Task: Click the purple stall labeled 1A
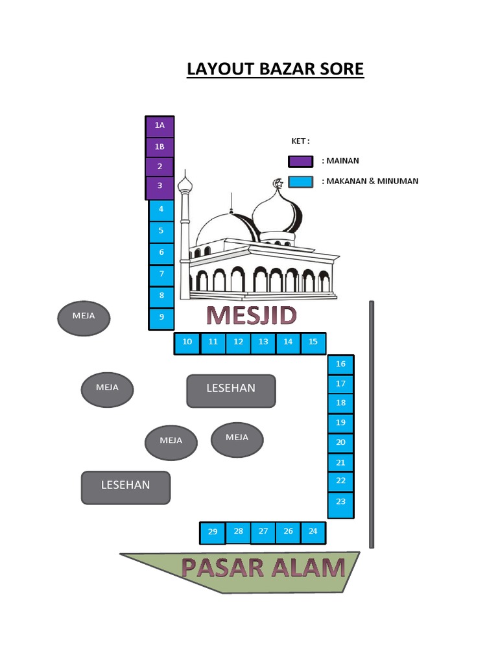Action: coord(160,126)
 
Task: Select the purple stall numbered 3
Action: coord(160,187)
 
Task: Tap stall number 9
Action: coord(161,318)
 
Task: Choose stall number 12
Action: coord(238,342)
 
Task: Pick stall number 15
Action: coord(313,342)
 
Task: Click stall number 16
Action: coord(340,364)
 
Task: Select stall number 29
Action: coord(213,533)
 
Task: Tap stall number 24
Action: coord(313,532)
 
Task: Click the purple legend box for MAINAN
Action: coord(300,161)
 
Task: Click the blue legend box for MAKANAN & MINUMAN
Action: coord(300,182)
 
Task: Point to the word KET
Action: coord(299,141)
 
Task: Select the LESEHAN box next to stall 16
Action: coord(231,390)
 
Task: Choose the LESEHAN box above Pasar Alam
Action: coord(125,487)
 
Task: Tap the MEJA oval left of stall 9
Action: coord(84,318)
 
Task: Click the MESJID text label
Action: coord(252,316)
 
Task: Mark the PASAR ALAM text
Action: coord(263,568)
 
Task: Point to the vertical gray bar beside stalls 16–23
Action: coord(372,424)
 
